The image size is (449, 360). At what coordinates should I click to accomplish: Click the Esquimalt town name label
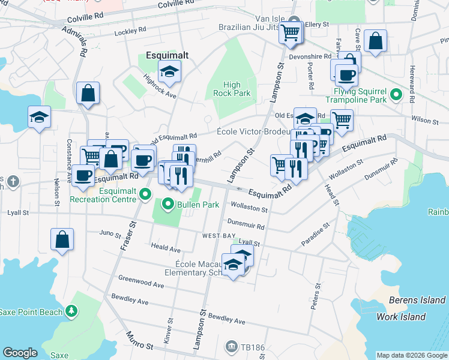(x=167, y=55)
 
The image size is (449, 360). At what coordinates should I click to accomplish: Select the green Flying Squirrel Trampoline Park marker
(x=396, y=95)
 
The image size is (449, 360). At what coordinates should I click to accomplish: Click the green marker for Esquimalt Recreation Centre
(x=144, y=193)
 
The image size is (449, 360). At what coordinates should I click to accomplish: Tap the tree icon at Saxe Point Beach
(x=72, y=311)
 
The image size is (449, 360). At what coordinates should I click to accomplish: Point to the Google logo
(x=20, y=353)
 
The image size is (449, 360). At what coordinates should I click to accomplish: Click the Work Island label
(x=401, y=317)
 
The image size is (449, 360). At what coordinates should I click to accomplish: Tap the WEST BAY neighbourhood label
(x=218, y=236)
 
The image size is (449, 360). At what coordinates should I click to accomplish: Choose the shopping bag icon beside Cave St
(x=375, y=41)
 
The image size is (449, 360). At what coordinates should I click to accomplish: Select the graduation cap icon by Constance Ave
(x=39, y=116)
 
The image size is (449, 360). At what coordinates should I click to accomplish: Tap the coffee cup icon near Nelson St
(x=83, y=175)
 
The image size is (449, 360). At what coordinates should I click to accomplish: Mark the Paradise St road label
(x=316, y=234)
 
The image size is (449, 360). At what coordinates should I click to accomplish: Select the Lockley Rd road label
(x=130, y=29)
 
